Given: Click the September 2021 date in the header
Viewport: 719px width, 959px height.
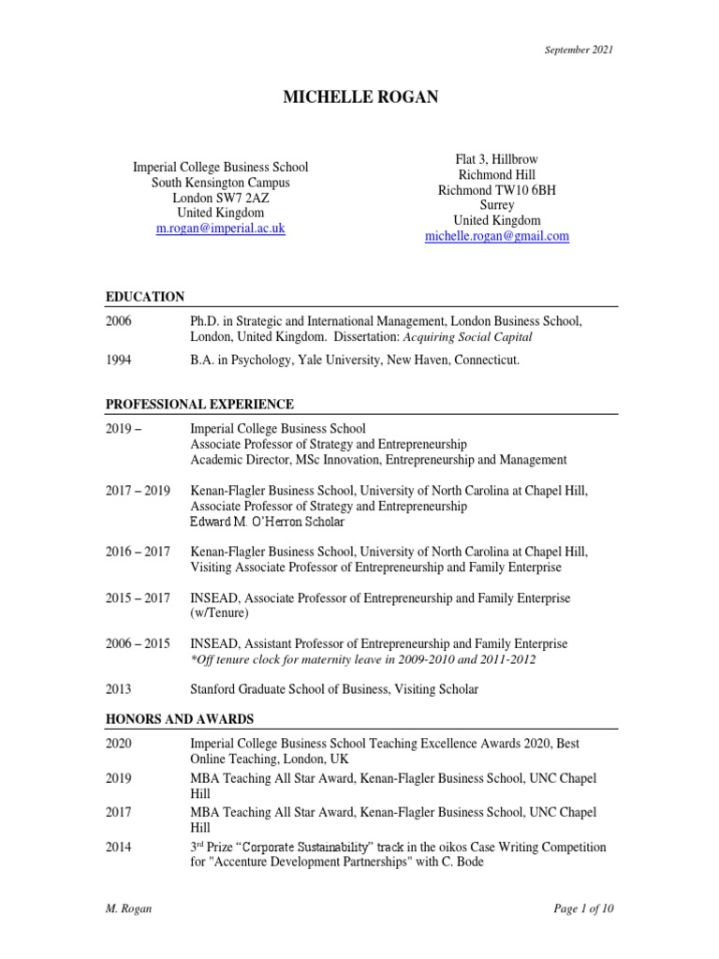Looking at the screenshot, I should coord(579,50).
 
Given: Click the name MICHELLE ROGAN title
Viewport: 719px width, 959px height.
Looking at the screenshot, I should coord(359,97).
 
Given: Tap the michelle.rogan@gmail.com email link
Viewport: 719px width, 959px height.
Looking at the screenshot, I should coord(496,237).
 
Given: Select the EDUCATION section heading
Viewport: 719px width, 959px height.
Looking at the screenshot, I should coord(144,297).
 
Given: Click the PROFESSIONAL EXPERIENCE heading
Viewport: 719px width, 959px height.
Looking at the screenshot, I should coord(199,405).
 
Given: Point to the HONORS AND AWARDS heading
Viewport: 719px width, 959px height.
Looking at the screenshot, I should coord(179,719).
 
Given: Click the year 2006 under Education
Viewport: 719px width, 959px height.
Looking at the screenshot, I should coord(119,321).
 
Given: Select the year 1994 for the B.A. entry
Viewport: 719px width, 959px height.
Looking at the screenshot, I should coord(119,360).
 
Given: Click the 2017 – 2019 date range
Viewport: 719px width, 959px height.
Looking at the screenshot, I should coord(137,490).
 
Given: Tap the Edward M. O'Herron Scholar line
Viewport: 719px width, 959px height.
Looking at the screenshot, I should coord(267,522).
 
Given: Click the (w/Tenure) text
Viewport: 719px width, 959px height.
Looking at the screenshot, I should coord(219,613).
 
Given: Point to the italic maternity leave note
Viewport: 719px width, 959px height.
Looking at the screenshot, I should coord(363,659).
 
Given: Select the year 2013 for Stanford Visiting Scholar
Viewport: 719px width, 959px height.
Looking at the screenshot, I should coord(119,689).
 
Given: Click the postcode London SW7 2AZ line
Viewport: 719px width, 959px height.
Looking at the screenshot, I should coord(220,198).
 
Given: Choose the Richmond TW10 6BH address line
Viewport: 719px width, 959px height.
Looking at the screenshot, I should coord(496,190).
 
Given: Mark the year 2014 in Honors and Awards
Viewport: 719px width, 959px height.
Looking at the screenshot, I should coord(119,847).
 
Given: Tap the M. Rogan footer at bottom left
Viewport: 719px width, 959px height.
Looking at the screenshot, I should coord(127,908).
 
